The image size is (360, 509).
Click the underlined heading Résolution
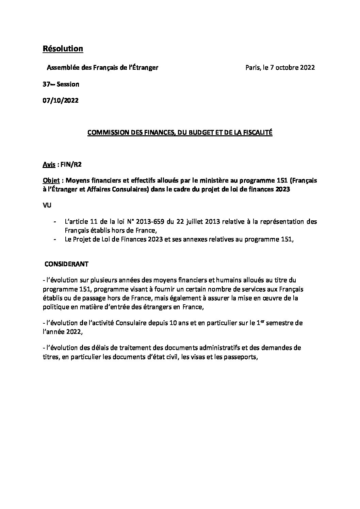click(63, 49)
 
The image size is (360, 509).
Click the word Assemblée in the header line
click(63, 67)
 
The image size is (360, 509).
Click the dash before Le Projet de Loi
click(55, 239)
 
